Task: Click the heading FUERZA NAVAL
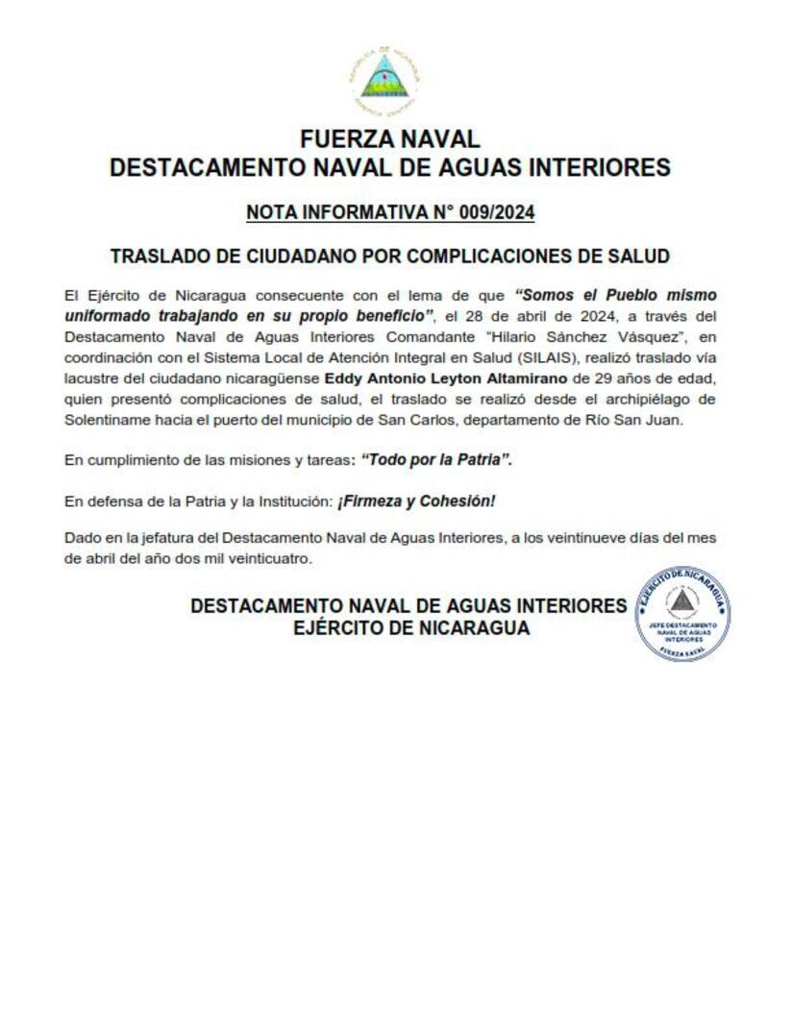click(389, 139)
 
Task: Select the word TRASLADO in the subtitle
click(156, 256)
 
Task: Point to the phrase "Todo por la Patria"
click(436, 461)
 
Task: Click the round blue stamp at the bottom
click(681, 614)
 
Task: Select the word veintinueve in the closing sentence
click(598, 538)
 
